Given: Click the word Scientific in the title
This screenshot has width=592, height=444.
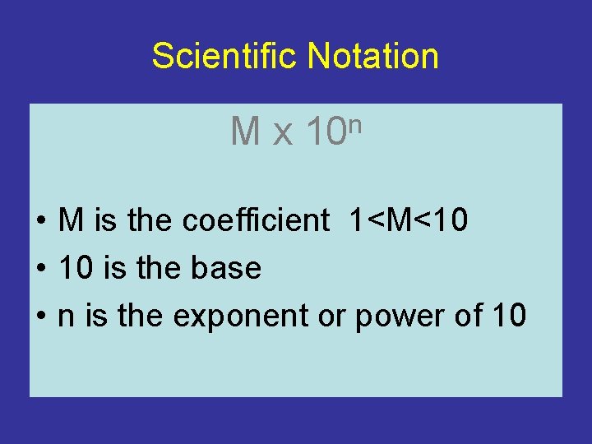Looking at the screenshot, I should click(225, 56).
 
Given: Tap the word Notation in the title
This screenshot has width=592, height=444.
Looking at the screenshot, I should click(372, 56).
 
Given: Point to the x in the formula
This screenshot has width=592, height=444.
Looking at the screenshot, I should click(282, 134).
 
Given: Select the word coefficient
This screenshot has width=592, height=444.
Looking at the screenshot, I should click(256, 220).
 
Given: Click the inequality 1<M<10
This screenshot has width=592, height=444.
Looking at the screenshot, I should click(409, 220).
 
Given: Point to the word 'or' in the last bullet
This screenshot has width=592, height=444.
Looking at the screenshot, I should click(331, 317).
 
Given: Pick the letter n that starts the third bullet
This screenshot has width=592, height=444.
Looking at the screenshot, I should click(66, 317).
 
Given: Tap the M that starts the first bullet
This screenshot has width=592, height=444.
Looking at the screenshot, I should click(71, 220).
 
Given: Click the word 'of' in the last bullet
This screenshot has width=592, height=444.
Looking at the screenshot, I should click(465, 315).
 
